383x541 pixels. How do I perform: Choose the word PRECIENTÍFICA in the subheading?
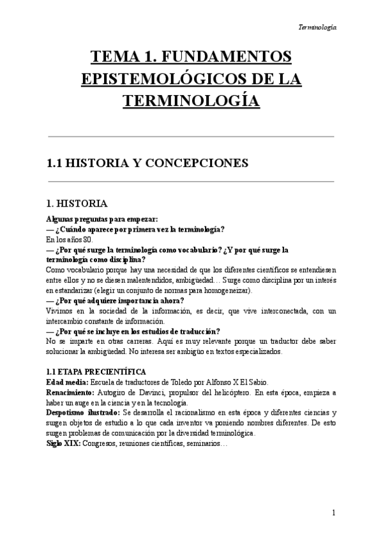[x=114, y=371]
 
